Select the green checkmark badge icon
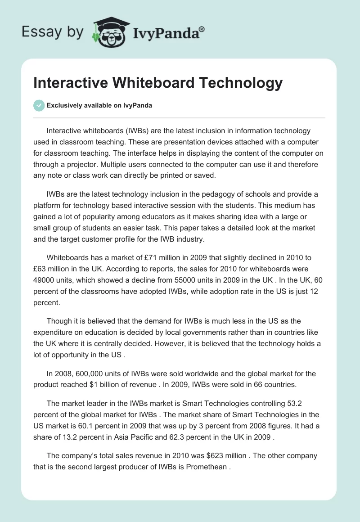tap(39, 105)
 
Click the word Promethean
tap(205, 467)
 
